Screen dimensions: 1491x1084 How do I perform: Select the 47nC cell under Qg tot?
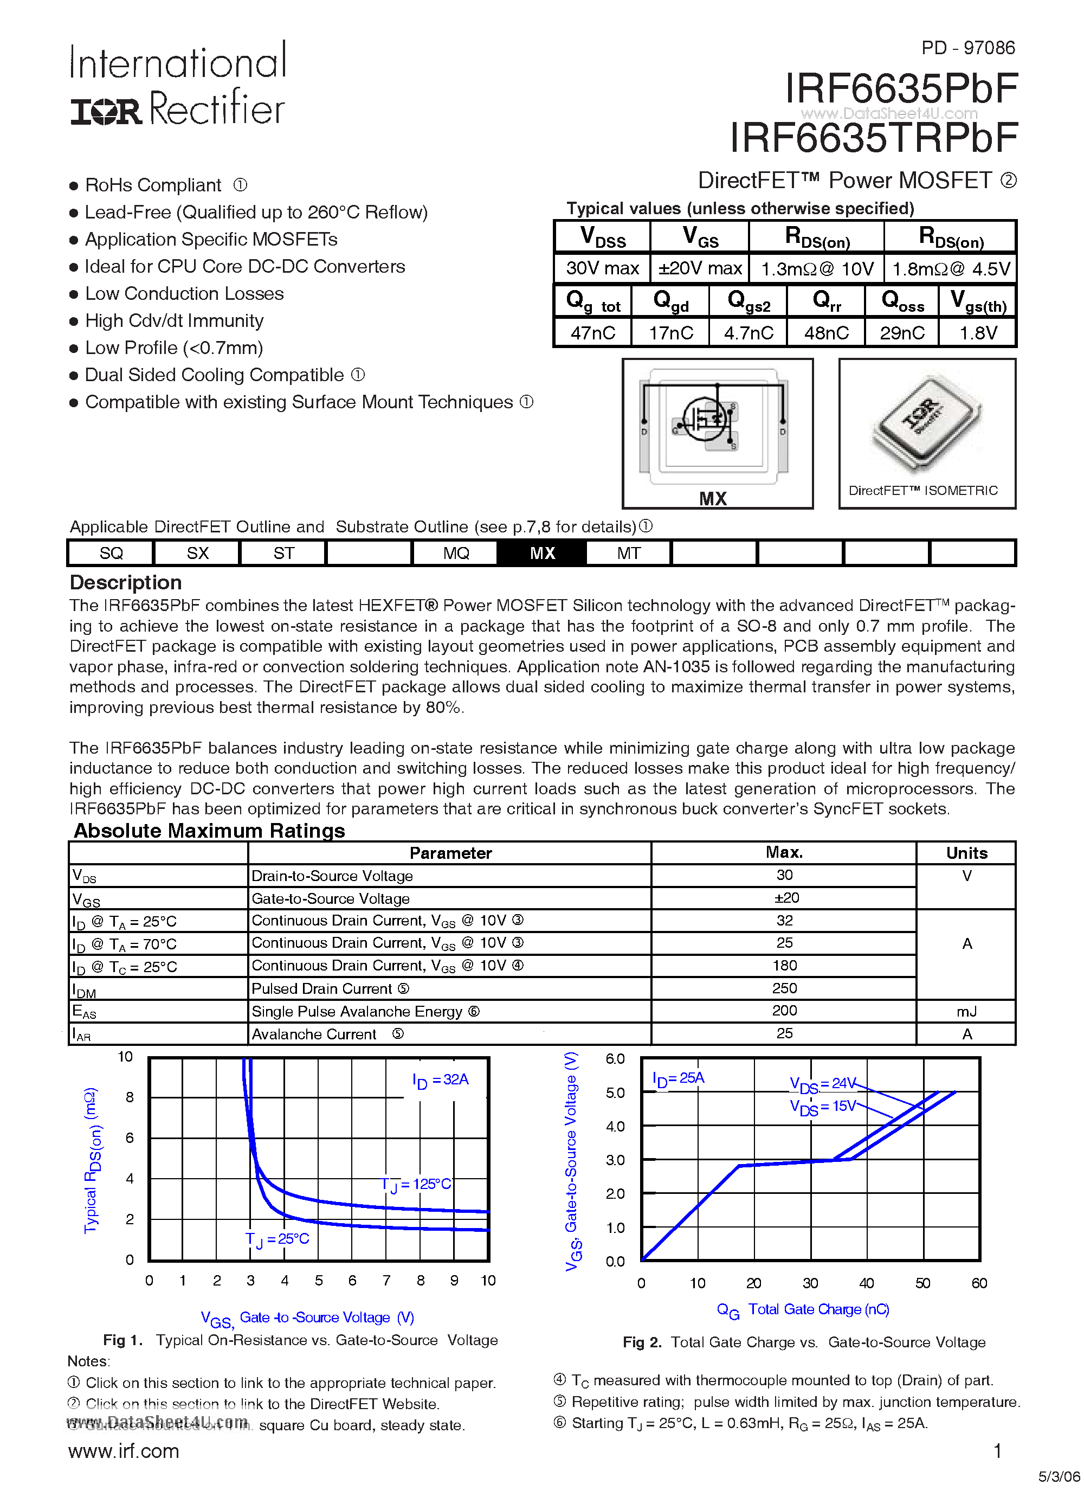(x=592, y=333)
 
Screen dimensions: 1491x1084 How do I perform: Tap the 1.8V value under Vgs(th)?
(x=978, y=333)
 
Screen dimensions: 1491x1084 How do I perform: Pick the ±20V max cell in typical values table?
(x=699, y=268)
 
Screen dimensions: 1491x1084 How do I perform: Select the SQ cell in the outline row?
(x=111, y=553)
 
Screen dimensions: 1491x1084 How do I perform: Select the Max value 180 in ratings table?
(x=784, y=965)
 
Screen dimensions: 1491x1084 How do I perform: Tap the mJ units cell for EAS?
(x=966, y=1011)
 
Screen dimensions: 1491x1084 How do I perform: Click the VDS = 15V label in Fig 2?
(x=822, y=1107)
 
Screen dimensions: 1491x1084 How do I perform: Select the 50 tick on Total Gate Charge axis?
(x=922, y=1283)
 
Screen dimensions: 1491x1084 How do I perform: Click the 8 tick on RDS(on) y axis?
(x=130, y=1097)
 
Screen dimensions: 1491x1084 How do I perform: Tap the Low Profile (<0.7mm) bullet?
(x=173, y=348)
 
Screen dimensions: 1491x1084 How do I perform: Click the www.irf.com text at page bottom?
(x=124, y=1450)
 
